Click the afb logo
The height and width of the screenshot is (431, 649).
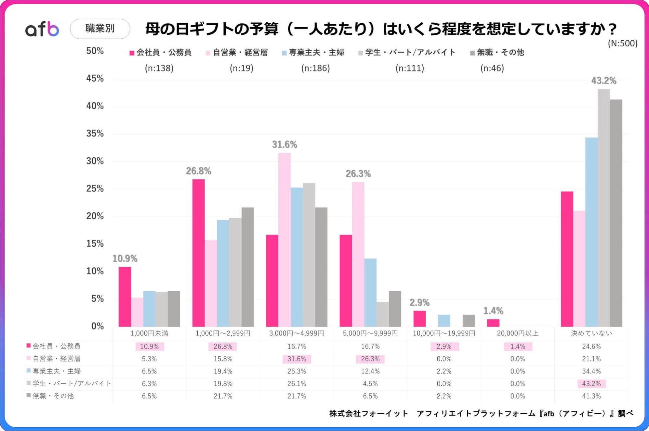point(42,29)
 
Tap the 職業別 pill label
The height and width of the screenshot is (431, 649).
point(100,29)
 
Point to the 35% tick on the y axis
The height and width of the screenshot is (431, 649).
point(95,134)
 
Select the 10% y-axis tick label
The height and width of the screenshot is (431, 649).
point(95,271)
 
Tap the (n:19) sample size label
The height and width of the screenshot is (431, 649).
point(241,68)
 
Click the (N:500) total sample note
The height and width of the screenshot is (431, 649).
point(622,44)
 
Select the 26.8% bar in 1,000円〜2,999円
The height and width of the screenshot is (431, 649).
point(198,253)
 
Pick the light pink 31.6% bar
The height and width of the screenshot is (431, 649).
point(284,240)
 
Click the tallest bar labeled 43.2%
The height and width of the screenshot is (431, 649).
point(603,208)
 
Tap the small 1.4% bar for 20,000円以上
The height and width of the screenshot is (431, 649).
point(493,323)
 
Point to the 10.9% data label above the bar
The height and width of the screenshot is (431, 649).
point(125,259)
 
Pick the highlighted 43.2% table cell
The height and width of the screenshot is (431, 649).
point(591,384)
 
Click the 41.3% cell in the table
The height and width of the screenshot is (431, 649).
point(591,396)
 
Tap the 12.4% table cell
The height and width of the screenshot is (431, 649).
point(370,371)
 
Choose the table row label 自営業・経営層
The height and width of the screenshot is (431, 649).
point(56,359)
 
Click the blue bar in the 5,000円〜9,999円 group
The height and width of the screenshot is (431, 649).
point(370,293)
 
